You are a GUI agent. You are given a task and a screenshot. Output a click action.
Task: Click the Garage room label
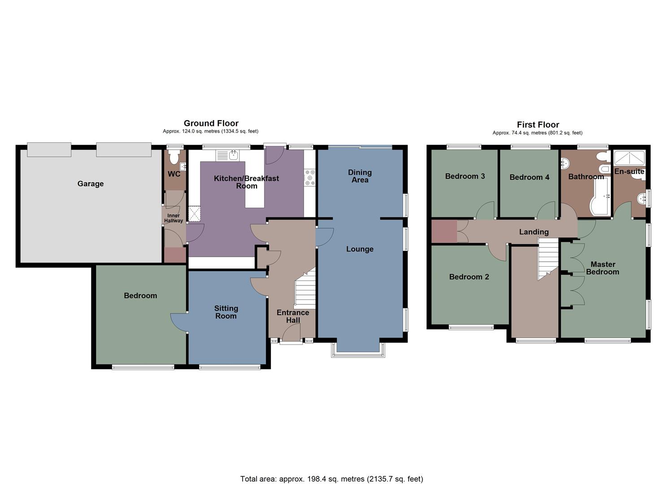click(x=90, y=184)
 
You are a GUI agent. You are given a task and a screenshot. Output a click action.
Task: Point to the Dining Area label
click(x=360, y=176)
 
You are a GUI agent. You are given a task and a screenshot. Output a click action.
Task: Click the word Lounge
click(x=360, y=249)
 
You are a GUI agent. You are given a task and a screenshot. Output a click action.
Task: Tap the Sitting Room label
click(x=226, y=312)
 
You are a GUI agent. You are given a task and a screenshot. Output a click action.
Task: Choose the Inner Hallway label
click(x=174, y=218)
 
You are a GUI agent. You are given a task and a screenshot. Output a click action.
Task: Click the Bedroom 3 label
click(x=465, y=176)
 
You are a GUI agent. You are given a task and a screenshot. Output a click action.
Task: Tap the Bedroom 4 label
click(x=529, y=177)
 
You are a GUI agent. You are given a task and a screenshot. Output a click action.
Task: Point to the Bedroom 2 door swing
click(x=497, y=252)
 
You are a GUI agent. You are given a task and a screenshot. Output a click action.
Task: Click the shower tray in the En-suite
click(x=629, y=158)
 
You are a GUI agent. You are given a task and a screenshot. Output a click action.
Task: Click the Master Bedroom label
click(x=602, y=268)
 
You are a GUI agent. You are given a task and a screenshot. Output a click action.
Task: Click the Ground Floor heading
click(x=211, y=123)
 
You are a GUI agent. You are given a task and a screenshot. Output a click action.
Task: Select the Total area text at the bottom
click(x=331, y=479)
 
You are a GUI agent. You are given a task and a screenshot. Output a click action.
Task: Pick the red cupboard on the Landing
click(x=444, y=232)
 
